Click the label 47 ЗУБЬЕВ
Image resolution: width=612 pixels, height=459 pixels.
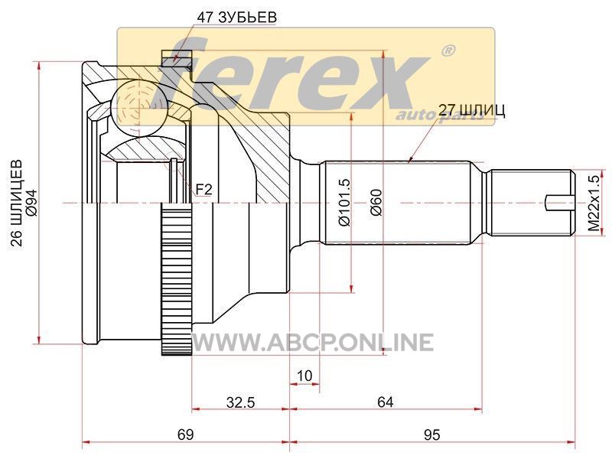236,18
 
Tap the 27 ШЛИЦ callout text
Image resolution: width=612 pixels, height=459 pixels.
472,111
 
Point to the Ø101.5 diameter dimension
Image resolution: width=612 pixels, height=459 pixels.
345,203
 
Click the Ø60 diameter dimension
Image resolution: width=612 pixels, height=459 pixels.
376,203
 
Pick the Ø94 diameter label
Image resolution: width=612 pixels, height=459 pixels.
31,203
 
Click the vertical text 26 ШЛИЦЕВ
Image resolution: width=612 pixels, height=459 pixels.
17,203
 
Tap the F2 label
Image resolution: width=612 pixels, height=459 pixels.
203,190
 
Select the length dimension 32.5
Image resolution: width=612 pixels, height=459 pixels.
240,402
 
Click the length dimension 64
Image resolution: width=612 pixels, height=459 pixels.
386,402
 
